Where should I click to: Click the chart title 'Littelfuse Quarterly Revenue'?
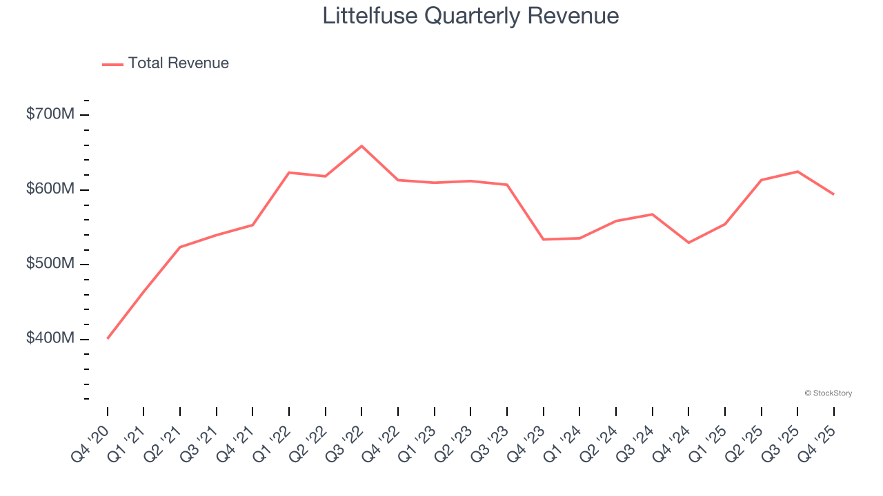click(470, 16)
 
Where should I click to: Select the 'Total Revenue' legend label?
click(178, 63)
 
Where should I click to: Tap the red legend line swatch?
click(112, 64)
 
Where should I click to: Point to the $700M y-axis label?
click(50, 114)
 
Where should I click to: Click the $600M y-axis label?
click(50, 189)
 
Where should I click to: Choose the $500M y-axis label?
click(50, 265)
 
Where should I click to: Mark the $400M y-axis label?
click(50, 339)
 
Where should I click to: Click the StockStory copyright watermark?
click(828, 393)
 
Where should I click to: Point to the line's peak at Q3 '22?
click(361, 146)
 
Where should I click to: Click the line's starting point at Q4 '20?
click(108, 338)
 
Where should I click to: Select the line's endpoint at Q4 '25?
click(833, 194)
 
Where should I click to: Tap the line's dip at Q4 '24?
click(688, 242)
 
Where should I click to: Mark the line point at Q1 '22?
click(289, 172)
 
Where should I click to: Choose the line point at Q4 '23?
click(544, 239)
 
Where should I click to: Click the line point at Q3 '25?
click(797, 172)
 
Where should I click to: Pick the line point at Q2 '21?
click(180, 247)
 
